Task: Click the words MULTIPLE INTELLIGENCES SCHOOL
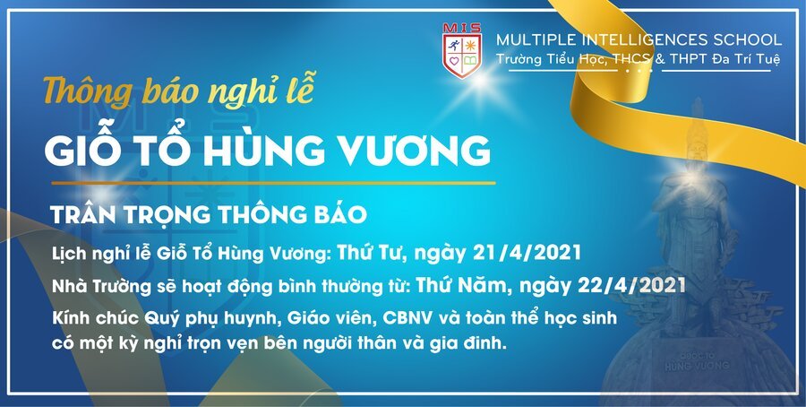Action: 639,40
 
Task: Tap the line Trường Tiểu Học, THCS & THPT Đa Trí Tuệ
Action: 639,59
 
